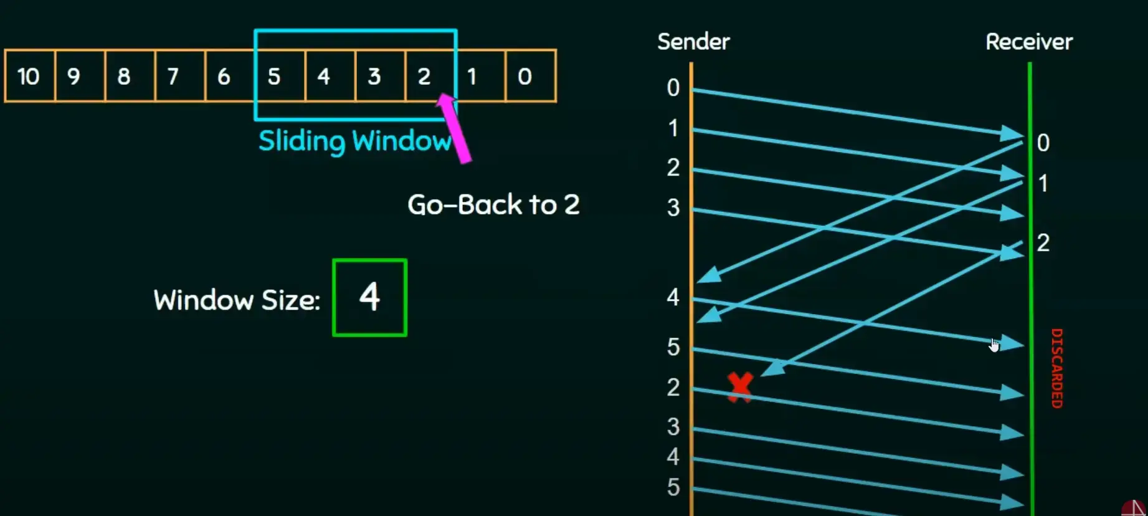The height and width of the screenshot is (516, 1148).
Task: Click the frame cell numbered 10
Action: [29, 76]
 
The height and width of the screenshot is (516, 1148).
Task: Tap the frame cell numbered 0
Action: [530, 76]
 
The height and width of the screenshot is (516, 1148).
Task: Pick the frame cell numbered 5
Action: [280, 76]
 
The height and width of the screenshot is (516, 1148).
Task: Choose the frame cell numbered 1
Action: [480, 76]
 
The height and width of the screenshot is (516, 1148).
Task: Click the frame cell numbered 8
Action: [130, 76]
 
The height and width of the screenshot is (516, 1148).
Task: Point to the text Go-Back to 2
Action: [493, 204]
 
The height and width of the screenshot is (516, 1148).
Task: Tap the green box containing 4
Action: [369, 297]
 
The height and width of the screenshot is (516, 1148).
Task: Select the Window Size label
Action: [237, 300]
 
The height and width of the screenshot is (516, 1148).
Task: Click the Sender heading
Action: [693, 42]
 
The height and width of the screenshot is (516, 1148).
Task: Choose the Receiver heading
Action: [1029, 42]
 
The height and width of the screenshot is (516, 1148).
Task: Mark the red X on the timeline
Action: [740, 386]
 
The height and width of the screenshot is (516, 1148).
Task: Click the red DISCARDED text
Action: [1056, 368]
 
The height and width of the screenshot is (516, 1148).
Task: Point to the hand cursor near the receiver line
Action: [994, 345]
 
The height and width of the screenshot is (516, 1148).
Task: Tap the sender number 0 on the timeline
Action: [673, 88]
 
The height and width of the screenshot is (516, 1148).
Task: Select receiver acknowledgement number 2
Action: [1043, 242]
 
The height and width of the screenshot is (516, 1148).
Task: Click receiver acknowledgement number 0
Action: [1043, 143]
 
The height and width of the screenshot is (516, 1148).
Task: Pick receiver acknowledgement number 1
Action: [1043, 183]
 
